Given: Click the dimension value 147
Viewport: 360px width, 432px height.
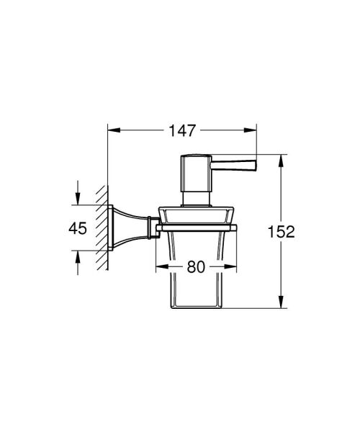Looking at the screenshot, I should [x=184, y=130].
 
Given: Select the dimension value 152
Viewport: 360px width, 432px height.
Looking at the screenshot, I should [x=282, y=231].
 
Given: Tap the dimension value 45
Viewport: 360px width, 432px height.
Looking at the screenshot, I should [x=78, y=228].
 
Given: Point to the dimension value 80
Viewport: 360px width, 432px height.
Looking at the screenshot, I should [x=197, y=265].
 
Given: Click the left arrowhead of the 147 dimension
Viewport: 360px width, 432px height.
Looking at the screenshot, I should [x=112, y=131].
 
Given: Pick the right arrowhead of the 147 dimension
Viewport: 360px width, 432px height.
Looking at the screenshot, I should [x=253, y=131].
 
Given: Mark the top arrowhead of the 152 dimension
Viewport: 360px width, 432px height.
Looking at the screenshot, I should [x=281, y=159].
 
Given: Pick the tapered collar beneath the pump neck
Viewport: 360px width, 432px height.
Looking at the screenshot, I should [x=197, y=215].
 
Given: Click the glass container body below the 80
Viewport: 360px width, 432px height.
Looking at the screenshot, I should [x=197, y=288].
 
